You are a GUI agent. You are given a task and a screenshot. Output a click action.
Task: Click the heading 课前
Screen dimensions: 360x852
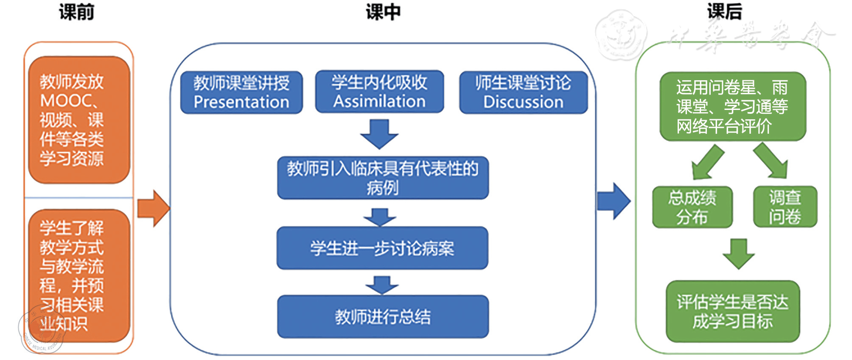click(x=76, y=12)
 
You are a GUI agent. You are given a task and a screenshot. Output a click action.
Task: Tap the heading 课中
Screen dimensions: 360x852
click(x=383, y=12)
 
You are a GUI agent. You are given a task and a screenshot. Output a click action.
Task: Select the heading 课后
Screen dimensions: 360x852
click(x=725, y=11)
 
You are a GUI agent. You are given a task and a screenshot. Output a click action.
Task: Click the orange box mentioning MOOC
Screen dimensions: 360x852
click(x=79, y=120)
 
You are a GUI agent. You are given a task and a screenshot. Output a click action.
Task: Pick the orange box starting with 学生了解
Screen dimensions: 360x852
click(x=79, y=276)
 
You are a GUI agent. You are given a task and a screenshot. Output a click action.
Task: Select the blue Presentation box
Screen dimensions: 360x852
click(x=241, y=93)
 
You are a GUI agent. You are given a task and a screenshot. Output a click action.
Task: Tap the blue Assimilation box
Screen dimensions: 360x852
click(x=379, y=92)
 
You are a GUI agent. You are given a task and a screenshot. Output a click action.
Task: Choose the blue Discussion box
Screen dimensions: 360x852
click(x=523, y=93)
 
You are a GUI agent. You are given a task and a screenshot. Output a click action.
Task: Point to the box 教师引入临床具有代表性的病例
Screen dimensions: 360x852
click(x=383, y=178)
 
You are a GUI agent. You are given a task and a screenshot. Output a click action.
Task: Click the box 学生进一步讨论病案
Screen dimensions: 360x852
click(x=382, y=248)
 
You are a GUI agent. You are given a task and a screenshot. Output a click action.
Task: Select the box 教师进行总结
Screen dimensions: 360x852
click(x=383, y=317)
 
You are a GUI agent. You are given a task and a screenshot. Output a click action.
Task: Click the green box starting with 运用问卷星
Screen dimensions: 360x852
click(x=732, y=107)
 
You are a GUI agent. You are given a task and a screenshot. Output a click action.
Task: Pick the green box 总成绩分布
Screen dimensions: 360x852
click(x=692, y=207)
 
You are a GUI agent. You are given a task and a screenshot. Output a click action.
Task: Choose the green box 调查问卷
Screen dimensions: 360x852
click(x=785, y=207)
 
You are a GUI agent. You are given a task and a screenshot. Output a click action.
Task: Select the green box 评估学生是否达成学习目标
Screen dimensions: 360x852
click(x=732, y=312)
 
